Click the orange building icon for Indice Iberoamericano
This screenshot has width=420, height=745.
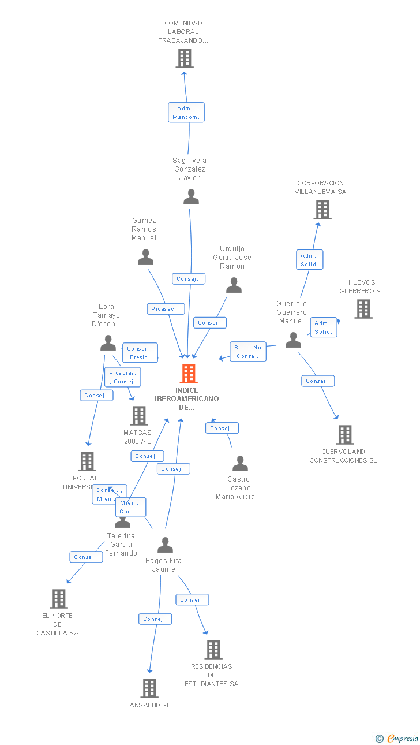tap(188, 374)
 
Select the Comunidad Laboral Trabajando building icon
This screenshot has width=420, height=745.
tap(185, 58)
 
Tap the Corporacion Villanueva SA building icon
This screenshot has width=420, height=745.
tap(322, 210)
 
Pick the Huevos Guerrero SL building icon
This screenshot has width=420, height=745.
tap(363, 309)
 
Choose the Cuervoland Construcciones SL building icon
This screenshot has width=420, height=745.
tap(344, 435)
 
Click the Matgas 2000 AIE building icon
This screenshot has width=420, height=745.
tap(139, 416)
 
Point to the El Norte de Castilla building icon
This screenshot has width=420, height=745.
tap(59, 599)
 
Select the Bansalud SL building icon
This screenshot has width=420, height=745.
tap(149, 688)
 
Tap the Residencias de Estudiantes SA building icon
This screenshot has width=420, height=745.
tap(213, 650)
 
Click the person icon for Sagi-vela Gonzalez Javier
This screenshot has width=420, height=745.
tap(191, 197)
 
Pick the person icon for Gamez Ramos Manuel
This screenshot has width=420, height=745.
tap(145, 256)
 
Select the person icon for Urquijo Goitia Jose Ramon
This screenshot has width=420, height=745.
tap(234, 285)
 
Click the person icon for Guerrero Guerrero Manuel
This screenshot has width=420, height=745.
tap(293, 340)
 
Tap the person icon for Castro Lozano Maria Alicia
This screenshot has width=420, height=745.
tap(240, 463)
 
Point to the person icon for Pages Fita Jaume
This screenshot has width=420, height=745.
tap(165, 545)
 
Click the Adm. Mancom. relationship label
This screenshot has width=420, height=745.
tap(186, 113)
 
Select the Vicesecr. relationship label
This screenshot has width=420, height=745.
tap(166, 309)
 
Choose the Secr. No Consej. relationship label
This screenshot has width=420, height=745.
tap(248, 352)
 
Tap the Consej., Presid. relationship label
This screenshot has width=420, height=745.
tap(140, 353)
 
